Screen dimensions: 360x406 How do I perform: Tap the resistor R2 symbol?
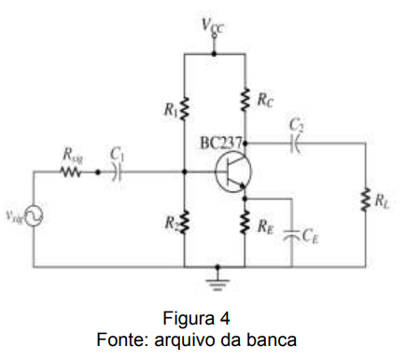pyautogui.click(x=185, y=222)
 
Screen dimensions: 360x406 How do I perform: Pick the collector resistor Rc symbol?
pyautogui.click(x=245, y=99)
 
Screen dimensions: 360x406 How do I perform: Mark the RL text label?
pyautogui.click(x=381, y=199)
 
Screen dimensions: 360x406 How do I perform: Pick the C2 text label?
pyautogui.click(x=296, y=123)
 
